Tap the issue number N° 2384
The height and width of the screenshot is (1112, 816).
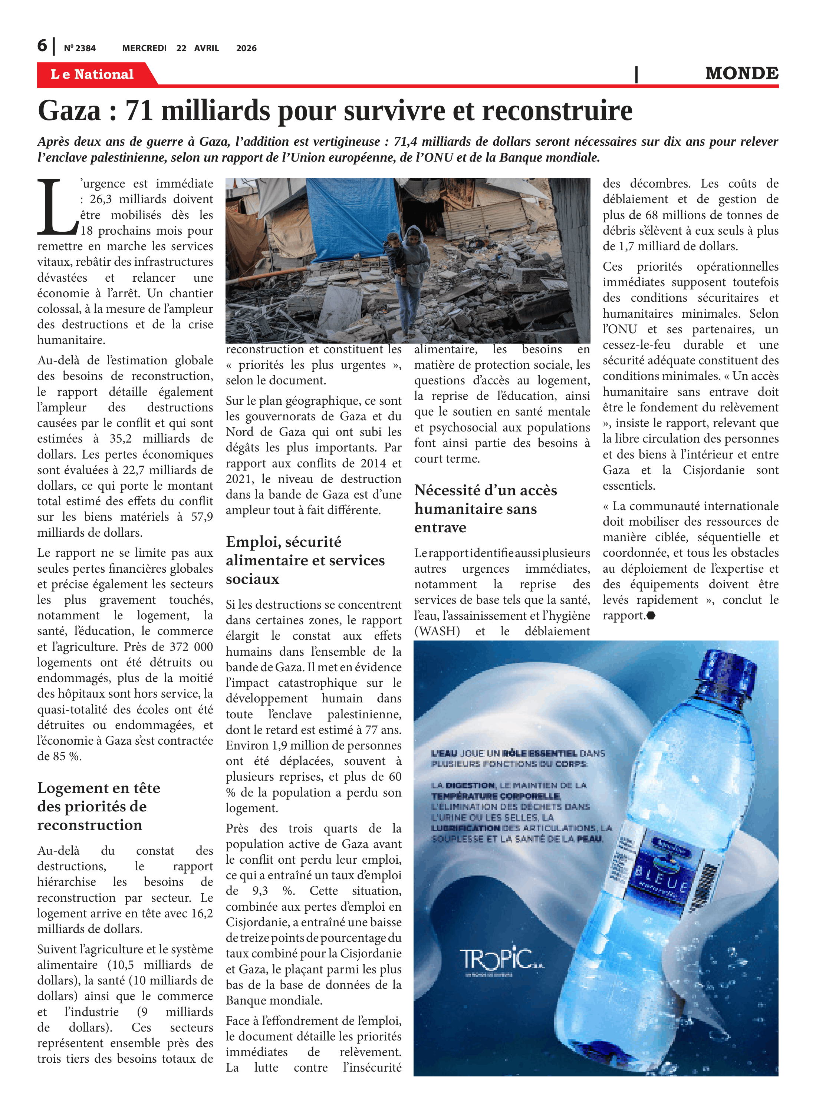(x=79, y=48)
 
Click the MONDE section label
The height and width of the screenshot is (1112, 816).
(x=741, y=73)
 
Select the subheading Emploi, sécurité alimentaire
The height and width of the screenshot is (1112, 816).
(x=305, y=560)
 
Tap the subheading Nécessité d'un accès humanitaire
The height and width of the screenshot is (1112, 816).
(x=485, y=509)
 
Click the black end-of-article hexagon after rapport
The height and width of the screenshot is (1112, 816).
(x=651, y=615)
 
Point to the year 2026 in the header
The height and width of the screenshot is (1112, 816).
(x=246, y=48)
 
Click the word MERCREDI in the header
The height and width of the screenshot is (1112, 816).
(x=144, y=48)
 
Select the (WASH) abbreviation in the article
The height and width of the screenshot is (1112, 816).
(x=437, y=631)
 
